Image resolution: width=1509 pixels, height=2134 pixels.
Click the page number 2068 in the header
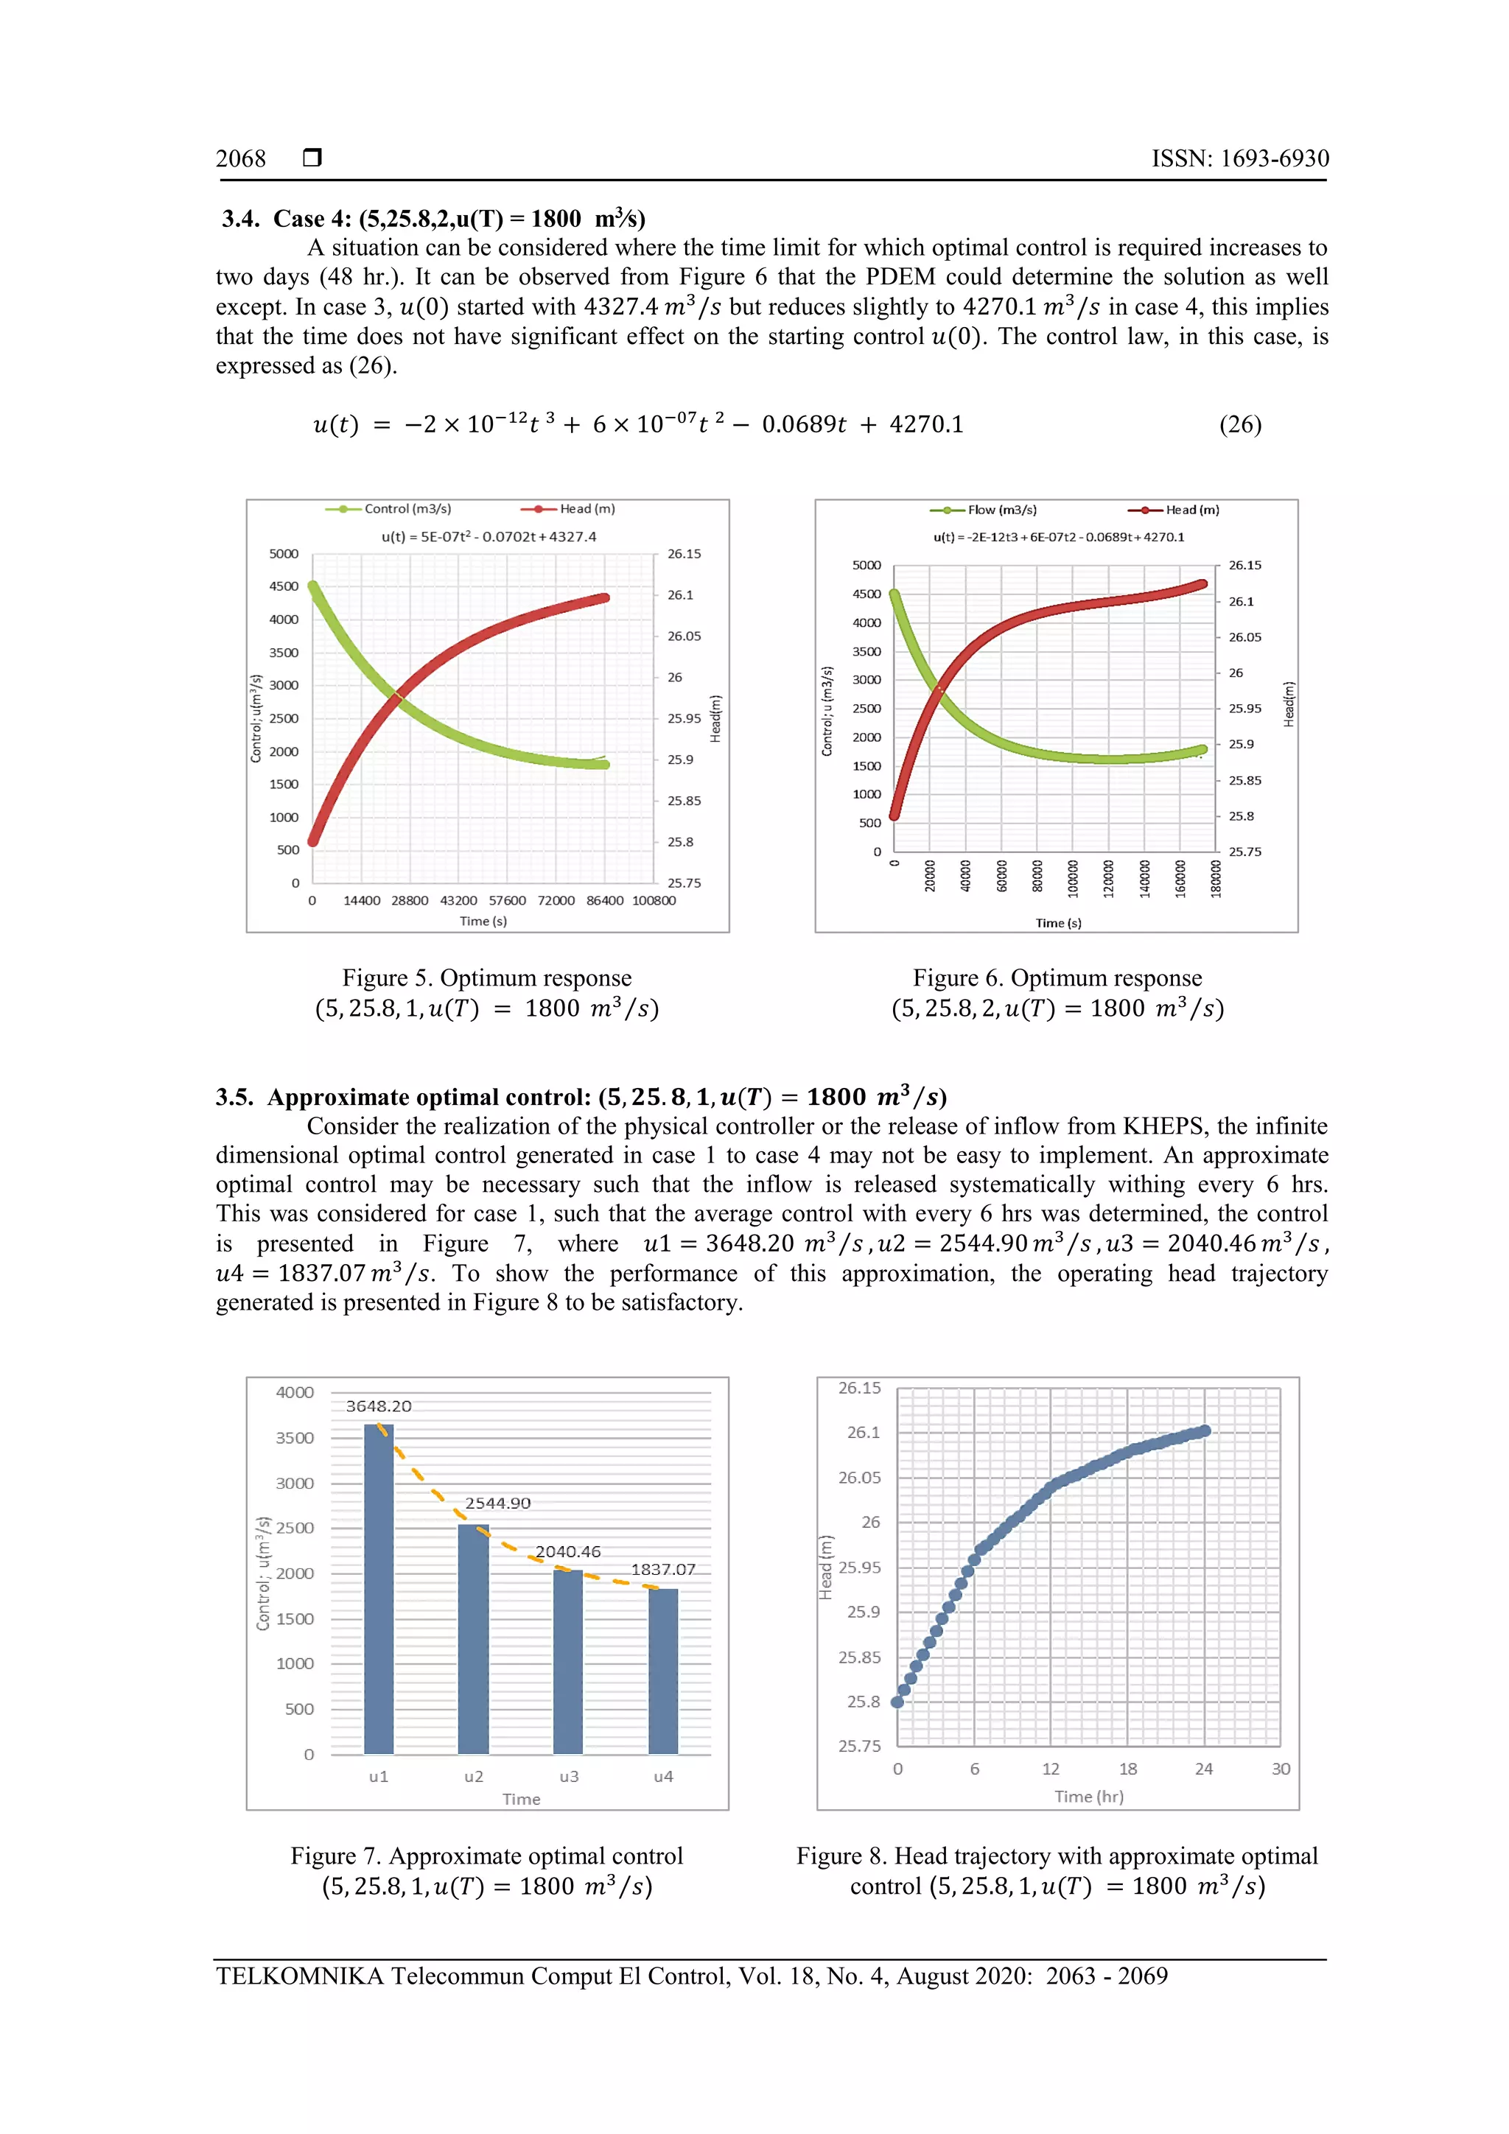241,159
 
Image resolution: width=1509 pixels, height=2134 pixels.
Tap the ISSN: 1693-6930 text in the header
1239,159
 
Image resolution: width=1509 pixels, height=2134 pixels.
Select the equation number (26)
1239,425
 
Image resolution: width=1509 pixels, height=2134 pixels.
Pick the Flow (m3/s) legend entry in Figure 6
1001,510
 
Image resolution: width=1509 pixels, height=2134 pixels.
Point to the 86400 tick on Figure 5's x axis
604,901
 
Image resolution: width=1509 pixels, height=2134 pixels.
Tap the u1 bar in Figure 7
379,1590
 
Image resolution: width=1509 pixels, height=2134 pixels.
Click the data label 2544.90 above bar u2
497,1503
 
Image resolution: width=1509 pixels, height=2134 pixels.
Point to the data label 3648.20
379,1406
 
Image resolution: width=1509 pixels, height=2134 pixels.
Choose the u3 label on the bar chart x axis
568,1776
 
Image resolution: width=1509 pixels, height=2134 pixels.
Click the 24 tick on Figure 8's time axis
1203,1769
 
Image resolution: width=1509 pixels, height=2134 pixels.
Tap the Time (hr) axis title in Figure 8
1089,1797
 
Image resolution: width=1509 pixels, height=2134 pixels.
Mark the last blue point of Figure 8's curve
1205,1431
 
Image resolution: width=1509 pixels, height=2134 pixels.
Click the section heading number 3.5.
235,1098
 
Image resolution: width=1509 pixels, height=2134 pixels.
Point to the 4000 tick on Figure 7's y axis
295,1392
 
